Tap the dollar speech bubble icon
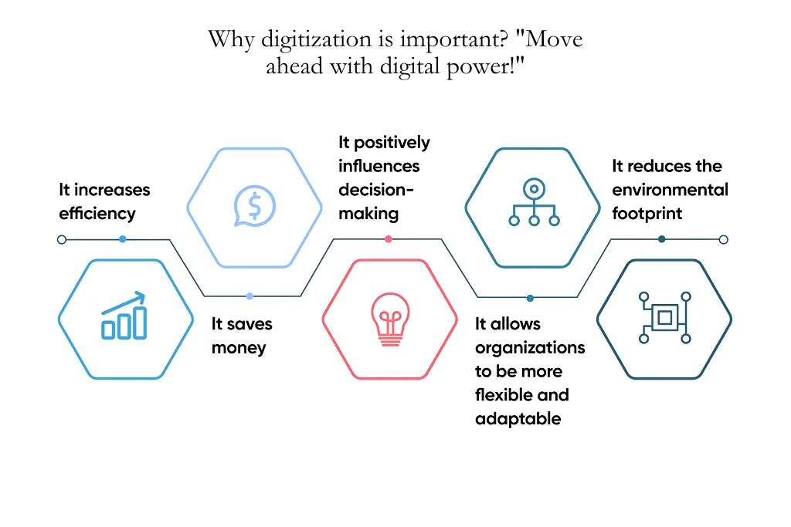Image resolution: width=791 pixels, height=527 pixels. pyautogui.click(x=254, y=206)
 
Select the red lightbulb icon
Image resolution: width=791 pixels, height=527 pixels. pyautogui.click(x=388, y=319)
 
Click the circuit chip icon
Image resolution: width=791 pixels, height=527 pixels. pyautogui.click(x=664, y=317)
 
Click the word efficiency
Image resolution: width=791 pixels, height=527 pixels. pyautogui.click(x=97, y=214)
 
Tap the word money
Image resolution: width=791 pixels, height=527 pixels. pyautogui.click(x=239, y=348)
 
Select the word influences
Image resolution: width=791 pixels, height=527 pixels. pyautogui.click(x=379, y=166)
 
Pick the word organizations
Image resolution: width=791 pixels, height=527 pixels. pyautogui.click(x=530, y=347)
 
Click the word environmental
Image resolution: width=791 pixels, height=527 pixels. pyautogui.click(x=670, y=190)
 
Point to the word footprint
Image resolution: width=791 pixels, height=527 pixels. pyautogui.click(x=647, y=214)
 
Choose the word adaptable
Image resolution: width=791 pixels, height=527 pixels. pyautogui.click(x=518, y=419)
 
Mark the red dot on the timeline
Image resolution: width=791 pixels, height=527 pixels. pyautogui.click(x=388, y=239)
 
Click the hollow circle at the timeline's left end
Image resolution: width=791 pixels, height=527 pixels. pyautogui.click(x=62, y=240)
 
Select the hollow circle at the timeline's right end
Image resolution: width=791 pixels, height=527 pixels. pyautogui.click(x=723, y=239)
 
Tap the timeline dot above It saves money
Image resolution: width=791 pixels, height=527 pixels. pyautogui.click(x=250, y=296)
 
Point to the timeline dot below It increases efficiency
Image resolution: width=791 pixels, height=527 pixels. pyautogui.click(x=123, y=239)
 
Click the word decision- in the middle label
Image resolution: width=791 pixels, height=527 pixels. pyautogui.click(x=376, y=190)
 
